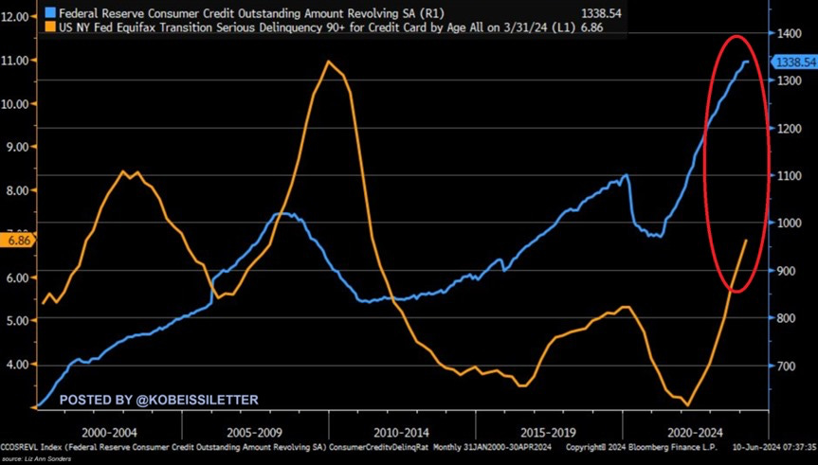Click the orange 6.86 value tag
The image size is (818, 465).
[x=17, y=241]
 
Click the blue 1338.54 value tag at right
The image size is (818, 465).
[x=794, y=62]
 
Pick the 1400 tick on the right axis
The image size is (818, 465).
[x=789, y=34]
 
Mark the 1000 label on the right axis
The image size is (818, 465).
[x=789, y=224]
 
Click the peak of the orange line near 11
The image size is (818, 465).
[x=328, y=62]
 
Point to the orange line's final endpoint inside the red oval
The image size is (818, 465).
[x=746, y=241]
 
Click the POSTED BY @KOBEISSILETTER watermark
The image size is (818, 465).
[x=158, y=401]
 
